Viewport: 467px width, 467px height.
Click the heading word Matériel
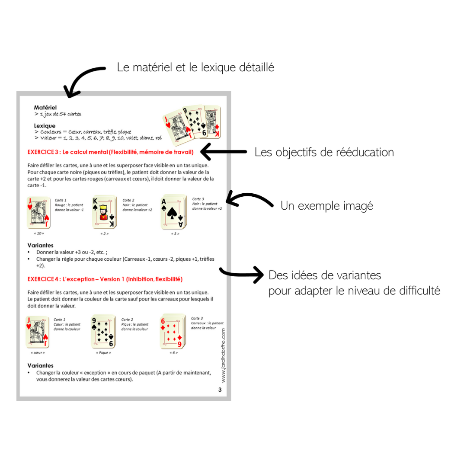click(x=45, y=108)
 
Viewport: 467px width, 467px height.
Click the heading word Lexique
click(x=45, y=126)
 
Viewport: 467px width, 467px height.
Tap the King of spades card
click(x=104, y=212)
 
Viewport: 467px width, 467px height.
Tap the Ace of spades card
click(x=174, y=212)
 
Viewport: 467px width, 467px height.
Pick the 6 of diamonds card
click(x=173, y=331)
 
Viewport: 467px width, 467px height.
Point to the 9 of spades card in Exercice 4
click(x=103, y=331)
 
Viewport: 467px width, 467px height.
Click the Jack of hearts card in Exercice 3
click(x=38, y=212)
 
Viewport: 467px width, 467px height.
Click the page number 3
click(x=220, y=390)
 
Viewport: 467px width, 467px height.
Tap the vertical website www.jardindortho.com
click(x=224, y=355)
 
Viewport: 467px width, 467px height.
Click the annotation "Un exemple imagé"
click(x=327, y=206)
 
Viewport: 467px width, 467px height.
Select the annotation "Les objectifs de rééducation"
click(x=324, y=152)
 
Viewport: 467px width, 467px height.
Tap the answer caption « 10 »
click(x=39, y=233)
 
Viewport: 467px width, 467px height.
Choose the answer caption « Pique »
click(x=103, y=353)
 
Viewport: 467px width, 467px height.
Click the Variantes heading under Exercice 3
click(x=41, y=246)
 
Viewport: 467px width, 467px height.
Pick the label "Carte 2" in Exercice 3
click(x=128, y=200)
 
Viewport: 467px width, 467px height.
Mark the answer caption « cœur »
click(x=38, y=353)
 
